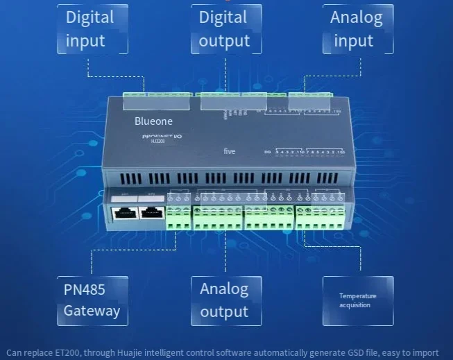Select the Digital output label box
click(x=226, y=29)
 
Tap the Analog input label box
click(x=357, y=29)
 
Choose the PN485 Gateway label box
click(x=92, y=300)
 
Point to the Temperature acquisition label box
click(x=357, y=300)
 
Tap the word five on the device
click(x=230, y=151)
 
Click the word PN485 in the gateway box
click(x=85, y=288)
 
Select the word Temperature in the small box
click(x=357, y=296)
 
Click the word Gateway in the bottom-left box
click(x=92, y=311)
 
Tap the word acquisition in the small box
click(x=354, y=305)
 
